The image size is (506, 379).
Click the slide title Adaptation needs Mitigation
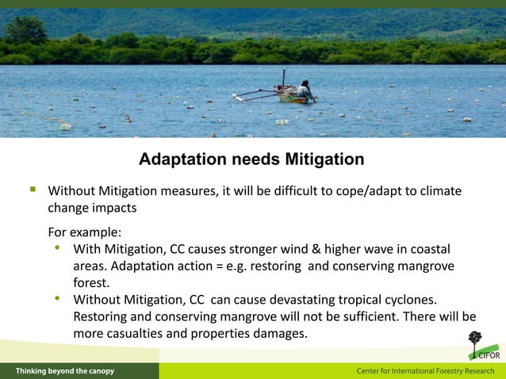click(251, 159)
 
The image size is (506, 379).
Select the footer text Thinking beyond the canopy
click(65, 371)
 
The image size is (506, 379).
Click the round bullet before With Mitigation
click(57, 249)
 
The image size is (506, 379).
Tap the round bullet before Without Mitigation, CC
click(57, 299)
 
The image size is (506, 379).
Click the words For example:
click(85, 232)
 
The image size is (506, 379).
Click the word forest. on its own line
click(92, 283)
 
